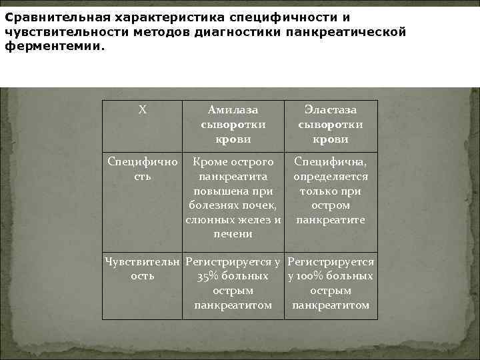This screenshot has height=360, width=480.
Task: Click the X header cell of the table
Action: [x=142, y=110]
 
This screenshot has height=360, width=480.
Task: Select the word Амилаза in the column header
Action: [x=233, y=110]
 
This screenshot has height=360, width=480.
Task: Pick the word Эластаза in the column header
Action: [x=331, y=110]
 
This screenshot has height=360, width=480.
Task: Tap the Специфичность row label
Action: [x=142, y=169]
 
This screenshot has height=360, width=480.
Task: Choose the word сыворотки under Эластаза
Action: [x=331, y=125]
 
